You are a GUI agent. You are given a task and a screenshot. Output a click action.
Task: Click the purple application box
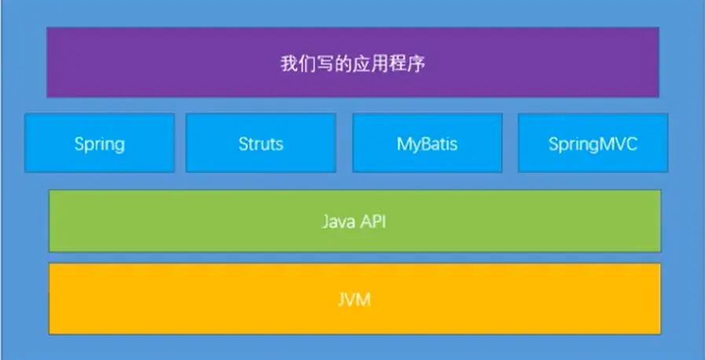click(353, 62)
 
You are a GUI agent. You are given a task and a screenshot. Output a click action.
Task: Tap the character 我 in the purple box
click(288, 64)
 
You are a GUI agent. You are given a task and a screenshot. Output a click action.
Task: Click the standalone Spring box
click(99, 143)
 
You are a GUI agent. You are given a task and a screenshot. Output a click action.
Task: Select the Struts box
click(261, 143)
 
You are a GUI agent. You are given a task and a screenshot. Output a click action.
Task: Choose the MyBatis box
click(427, 143)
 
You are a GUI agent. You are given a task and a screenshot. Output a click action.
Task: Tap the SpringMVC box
click(593, 143)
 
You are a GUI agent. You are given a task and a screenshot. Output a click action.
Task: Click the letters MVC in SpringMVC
click(619, 144)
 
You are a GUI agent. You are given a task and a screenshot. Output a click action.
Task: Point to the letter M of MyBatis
click(404, 144)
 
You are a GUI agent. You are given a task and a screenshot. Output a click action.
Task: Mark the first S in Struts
click(243, 144)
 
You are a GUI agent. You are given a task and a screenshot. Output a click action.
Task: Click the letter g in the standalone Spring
click(119, 146)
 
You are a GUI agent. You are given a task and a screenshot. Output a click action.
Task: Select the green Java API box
click(354, 221)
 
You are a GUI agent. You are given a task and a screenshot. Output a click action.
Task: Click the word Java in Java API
click(336, 222)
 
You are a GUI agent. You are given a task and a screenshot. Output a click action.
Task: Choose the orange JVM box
click(354, 299)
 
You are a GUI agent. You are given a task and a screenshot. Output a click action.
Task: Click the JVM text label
click(354, 299)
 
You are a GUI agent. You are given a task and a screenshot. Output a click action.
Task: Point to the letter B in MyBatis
click(428, 144)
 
